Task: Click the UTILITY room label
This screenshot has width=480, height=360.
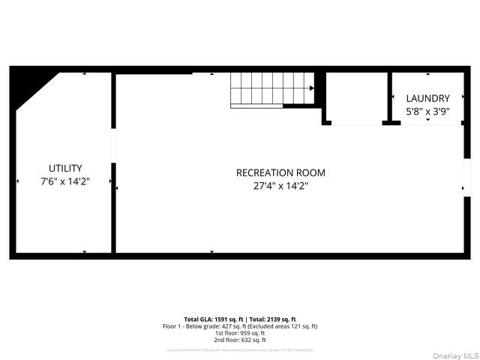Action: click(65, 168)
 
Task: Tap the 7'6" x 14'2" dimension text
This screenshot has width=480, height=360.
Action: click(65, 181)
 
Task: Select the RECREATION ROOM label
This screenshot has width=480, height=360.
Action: click(280, 172)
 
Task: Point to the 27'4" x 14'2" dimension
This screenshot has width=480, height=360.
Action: click(280, 186)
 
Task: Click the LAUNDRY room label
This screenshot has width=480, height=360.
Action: click(427, 98)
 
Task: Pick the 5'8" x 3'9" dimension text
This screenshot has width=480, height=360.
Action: click(427, 111)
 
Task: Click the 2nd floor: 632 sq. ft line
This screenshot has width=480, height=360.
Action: click(240, 340)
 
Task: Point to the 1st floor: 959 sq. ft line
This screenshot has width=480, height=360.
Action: click(240, 333)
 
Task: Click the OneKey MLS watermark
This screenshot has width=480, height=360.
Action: click(457, 355)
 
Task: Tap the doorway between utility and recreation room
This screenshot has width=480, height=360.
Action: click(113, 145)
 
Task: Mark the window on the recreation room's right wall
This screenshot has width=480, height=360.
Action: click(466, 180)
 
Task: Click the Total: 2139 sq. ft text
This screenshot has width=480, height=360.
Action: click(272, 319)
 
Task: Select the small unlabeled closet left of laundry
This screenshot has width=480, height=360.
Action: click(356, 97)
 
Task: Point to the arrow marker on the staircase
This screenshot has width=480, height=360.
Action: click(311, 88)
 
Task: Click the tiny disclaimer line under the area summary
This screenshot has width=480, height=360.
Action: click(240, 349)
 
